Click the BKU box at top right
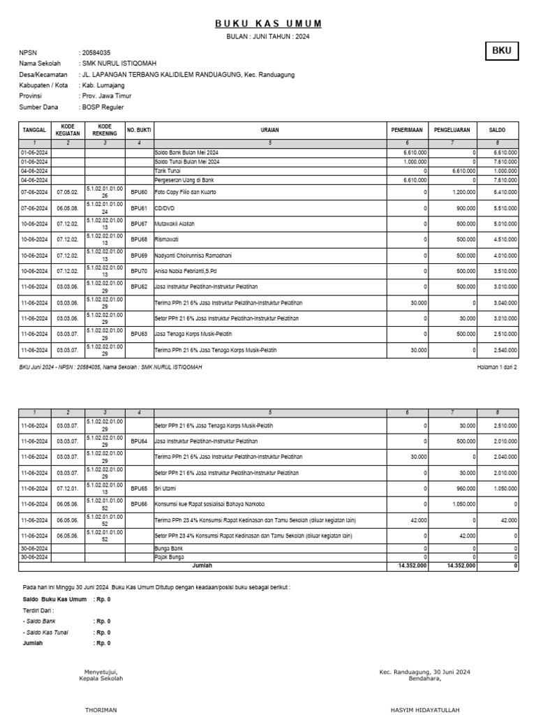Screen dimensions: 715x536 tap(501, 51)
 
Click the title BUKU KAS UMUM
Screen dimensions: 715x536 tap(268, 24)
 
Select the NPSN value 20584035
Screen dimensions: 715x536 tap(96, 53)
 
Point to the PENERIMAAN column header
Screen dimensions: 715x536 tap(408, 130)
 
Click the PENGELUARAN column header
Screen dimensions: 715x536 tap(452, 130)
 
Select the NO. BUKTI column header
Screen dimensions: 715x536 tap(139, 130)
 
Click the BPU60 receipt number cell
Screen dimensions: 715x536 tap(139, 191)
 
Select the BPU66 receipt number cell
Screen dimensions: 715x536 tap(139, 504)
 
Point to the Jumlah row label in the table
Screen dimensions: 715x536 tap(202, 565)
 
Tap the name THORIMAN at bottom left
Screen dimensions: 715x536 tap(101, 708)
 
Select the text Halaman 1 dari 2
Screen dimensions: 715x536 tap(496, 367)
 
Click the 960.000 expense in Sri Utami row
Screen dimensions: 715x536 tap(463, 489)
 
